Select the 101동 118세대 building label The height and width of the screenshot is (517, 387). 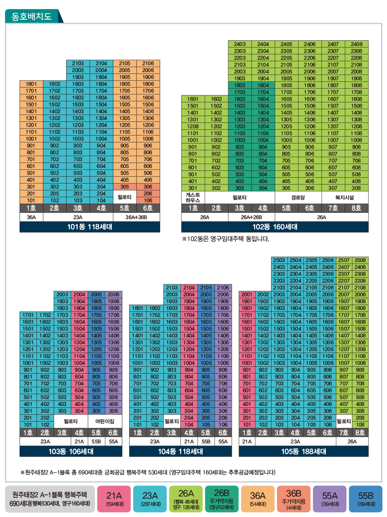pyautogui.click(x=89, y=227)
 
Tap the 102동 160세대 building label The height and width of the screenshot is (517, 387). pyautogui.click(x=275, y=227)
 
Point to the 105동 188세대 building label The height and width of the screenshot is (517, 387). pyautogui.click(x=303, y=451)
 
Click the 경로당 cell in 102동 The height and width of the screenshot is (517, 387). pyautogui.click(x=298, y=197)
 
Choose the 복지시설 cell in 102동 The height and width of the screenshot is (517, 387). pyautogui.click(x=345, y=197)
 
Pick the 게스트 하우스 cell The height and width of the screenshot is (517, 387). pyautogui.click(x=193, y=197)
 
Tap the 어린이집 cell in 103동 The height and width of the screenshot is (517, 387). pyautogui.click(x=105, y=422)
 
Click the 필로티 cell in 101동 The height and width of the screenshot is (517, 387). pyautogui.click(x=125, y=197)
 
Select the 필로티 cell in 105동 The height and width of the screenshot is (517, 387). pyautogui.click(x=344, y=422)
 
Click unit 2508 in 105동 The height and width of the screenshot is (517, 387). pyautogui.click(x=361, y=260)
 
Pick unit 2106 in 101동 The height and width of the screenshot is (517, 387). pyautogui.click(x=148, y=63)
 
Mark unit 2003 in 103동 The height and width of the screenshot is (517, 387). pyautogui.click(x=62, y=295)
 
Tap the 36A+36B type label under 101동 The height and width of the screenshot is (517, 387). pyautogui.click(x=136, y=217)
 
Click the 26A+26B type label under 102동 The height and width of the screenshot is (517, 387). pyautogui.click(x=251, y=217)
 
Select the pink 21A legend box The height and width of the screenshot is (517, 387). pyautogui.click(x=114, y=499)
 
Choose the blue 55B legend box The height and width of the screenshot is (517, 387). pyautogui.click(x=366, y=499)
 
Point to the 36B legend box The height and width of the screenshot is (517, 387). pyautogui.click(x=294, y=499)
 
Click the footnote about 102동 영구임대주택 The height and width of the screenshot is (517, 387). pyautogui.click(x=225, y=239)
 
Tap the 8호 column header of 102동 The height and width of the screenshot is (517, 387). pyautogui.click(x=357, y=208)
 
